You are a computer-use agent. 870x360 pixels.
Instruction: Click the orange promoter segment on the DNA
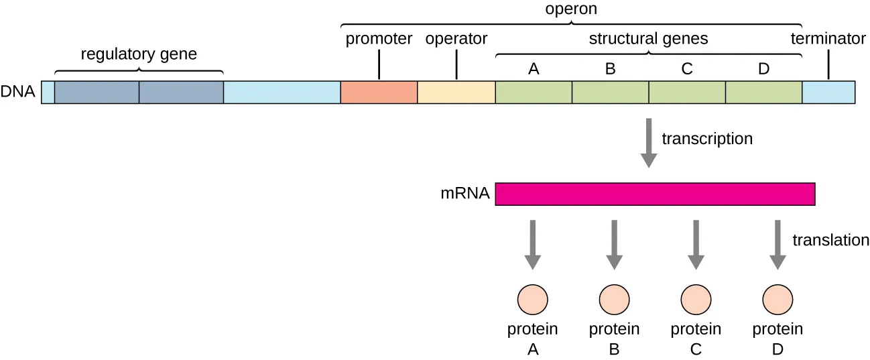tap(379, 93)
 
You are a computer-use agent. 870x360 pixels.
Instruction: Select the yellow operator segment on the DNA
tap(456, 93)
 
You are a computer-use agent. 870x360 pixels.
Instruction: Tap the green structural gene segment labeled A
tap(534, 93)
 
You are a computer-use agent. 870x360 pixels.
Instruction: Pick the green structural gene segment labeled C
tap(687, 93)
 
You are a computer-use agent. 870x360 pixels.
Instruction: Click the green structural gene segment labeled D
tap(763, 93)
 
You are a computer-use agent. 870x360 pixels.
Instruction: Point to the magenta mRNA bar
tap(655, 194)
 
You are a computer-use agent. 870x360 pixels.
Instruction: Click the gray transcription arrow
tap(648, 142)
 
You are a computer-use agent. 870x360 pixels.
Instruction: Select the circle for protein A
tap(534, 298)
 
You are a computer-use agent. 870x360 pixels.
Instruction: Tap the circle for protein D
tap(778, 298)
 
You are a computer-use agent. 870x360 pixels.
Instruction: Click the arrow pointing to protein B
tap(614, 245)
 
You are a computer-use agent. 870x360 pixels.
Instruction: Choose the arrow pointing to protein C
tap(696, 245)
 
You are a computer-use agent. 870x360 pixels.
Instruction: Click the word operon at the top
tap(572, 9)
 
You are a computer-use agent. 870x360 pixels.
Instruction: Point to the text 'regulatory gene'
tap(139, 54)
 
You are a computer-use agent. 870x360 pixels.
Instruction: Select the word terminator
tap(828, 39)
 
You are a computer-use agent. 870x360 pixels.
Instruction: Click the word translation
tap(830, 240)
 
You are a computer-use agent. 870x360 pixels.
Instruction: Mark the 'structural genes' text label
tap(648, 39)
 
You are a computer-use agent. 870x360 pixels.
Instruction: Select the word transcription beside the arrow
tap(707, 139)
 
